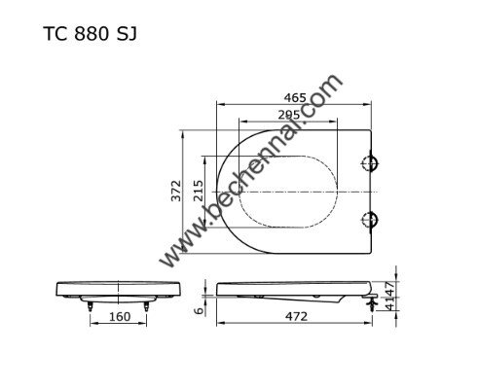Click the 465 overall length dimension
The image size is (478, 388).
(x=295, y=97)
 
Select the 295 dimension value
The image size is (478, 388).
(x=289, y=115)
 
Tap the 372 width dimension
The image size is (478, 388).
(x=176, y=191)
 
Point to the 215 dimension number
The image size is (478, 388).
(x=199, y=191)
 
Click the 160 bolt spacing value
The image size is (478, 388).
(x=120, y=316)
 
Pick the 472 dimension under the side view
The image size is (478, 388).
(x=296, y=316)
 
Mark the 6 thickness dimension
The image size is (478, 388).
(x=199, y=310)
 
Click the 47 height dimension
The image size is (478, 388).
(x=389, y=289)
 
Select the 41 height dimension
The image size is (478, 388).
(x=389, y=303)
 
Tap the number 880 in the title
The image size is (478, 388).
(x=92, y=33)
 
